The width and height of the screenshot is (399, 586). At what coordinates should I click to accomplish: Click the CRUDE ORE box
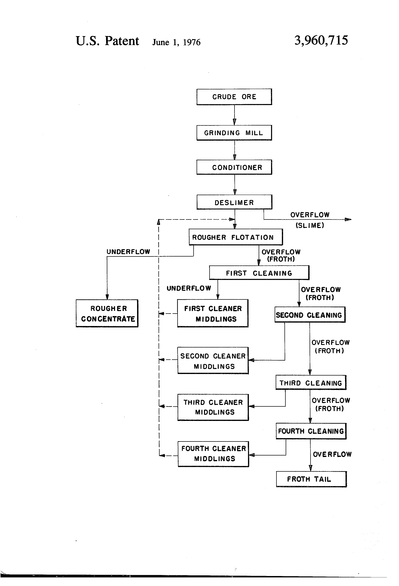pyautogui.click(x=234, y=97)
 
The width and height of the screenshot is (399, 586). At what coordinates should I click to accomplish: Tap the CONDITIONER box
pyautogui.click(x=234, y=167)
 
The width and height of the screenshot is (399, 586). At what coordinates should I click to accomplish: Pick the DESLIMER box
pyautogui.click(x=234, y=202)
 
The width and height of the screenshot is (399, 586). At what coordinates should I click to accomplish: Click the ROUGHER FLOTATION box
pyautogui.click(x=236, y=237)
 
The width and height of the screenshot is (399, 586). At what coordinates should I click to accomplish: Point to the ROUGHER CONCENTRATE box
pyautogui.click(x=107, y=313)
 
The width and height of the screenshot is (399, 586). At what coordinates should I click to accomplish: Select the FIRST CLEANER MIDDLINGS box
pyautogui.click(x=213, y=313)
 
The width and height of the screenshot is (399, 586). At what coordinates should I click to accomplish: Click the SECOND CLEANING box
pyautogui.click(x=310, y=315)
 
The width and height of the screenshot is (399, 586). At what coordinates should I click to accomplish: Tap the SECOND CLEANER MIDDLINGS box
pyautogui.click(x=213, y=361)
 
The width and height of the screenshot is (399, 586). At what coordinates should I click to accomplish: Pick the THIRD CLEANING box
pyautogui.click(x=311, y=383)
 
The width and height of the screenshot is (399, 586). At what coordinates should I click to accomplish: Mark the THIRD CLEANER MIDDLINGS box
pyautogui.click(x=213, y=407)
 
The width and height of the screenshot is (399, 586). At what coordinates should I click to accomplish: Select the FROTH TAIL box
pyautogui.click(x=311, y=479)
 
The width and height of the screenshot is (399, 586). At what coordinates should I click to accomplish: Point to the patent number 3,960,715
pyautogui.click(x=321, y=40)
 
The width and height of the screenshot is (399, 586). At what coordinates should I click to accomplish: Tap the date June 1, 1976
pyautogui.click(x=176, y=42)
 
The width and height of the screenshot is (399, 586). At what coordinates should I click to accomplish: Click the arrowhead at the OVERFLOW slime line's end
pyautogui.click(x=348, y=219)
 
